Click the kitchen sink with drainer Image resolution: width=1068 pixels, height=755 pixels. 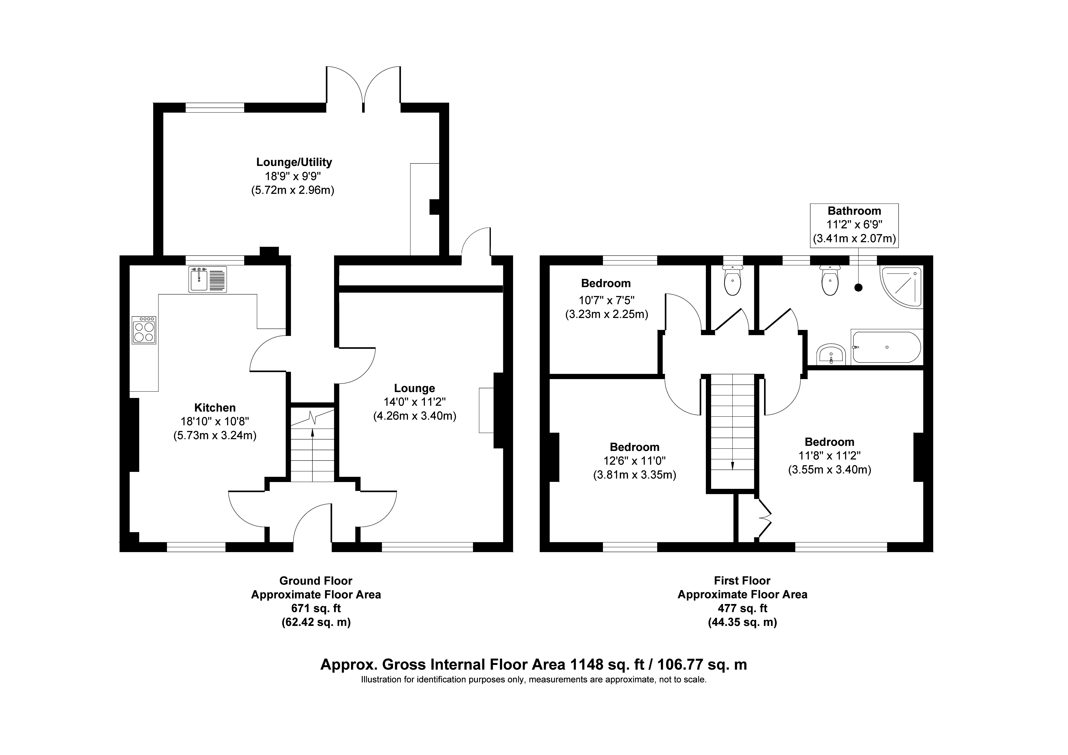click(x=207, y=279)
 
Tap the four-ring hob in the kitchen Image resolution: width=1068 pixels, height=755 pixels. click(x=144, y=330)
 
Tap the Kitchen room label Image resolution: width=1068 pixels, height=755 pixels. click(x=215, y=408)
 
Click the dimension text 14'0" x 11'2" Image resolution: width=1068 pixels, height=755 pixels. click(x=414, y=402)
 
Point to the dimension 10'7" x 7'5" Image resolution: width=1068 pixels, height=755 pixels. click(x=607, y=300)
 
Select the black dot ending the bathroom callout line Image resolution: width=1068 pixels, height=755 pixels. click(x=859, y=288)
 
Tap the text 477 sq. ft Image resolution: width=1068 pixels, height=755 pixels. click(x=742, y=608)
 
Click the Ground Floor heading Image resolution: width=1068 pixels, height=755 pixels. click(x=316, y=581)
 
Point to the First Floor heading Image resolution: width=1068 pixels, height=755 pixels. click(x=742, y=581)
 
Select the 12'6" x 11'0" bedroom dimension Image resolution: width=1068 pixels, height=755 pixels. click(x=635, y=461)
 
